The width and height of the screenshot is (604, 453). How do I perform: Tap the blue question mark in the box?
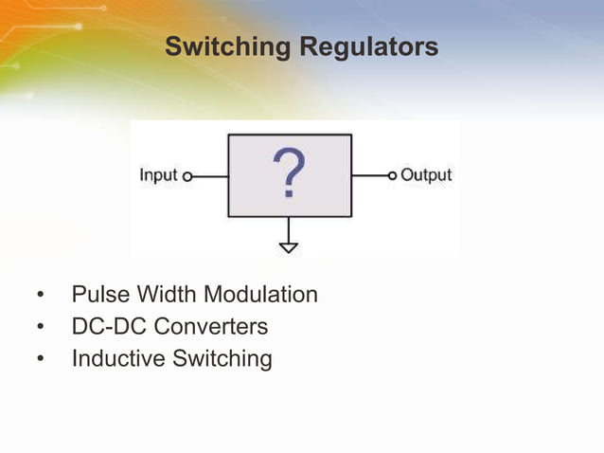[290, 173]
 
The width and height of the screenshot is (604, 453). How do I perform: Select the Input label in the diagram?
[159, 175]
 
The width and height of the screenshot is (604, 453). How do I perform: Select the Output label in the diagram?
[426, 175]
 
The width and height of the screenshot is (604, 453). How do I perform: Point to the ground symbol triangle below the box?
[289, 247]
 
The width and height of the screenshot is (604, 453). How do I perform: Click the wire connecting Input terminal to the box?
[209, 176]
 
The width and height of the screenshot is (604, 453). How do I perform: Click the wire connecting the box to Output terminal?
[369, 175]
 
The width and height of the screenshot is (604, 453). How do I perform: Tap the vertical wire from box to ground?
[289, 228]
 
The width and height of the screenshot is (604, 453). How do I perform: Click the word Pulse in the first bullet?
[99, 295]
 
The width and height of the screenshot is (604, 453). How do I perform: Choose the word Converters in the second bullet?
[210, 327]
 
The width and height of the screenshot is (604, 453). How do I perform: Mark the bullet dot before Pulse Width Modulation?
[41, 296]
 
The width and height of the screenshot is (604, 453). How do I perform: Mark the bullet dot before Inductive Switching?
[41, 360]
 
